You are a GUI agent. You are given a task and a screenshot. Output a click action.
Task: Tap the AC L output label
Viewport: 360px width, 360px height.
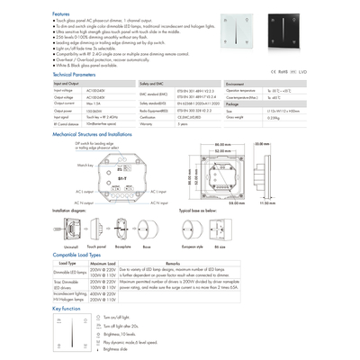(84, 192)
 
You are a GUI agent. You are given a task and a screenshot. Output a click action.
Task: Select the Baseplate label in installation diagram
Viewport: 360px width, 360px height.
(123, 245)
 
